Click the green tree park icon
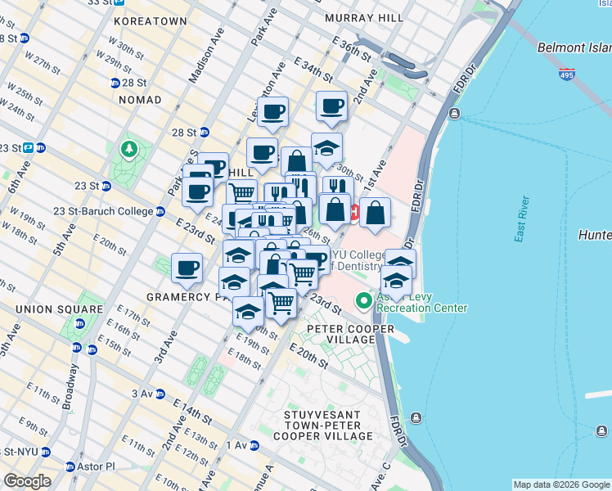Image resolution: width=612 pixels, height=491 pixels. click(x=128, y=150)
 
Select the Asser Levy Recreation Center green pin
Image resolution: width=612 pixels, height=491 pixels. click(x=364, y=302)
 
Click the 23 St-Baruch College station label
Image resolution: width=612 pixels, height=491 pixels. click(x=104, y=211)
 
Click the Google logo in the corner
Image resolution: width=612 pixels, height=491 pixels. click(x=27, y=481)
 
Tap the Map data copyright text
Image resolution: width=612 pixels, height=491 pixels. click(x=560, y=484)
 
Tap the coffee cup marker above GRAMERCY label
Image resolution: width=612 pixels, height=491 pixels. click(x=187, y=268)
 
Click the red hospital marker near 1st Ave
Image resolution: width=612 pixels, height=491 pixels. click(x=354, y=212)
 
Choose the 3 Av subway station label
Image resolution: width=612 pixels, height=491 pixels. click(x=144, y=394)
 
